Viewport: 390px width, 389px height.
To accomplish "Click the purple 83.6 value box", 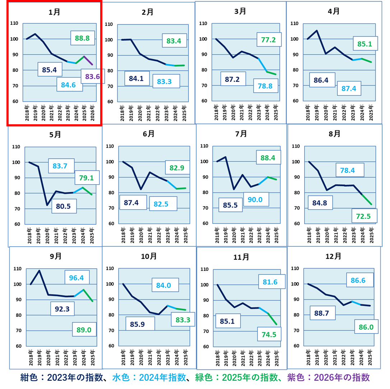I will (x=93, y=76).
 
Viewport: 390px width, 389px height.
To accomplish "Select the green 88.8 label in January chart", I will (x=82, y=38).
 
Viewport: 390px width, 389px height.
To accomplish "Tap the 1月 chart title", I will (x=55, y=11).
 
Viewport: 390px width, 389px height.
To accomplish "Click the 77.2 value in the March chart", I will (x=269, y=39).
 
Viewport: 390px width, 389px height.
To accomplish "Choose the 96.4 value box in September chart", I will (x=77, y=278).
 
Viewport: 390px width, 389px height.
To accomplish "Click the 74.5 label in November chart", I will (x=269, y=334).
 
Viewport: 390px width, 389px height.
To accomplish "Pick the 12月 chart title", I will (x=333, y=256).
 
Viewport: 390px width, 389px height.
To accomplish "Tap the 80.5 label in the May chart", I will (x=64, y=206).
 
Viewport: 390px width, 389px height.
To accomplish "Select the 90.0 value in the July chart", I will (x=256, y=199).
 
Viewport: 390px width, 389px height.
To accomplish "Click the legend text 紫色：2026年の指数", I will (x=328, y=378).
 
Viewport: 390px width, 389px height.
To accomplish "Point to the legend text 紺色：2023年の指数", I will (x=61, y=378).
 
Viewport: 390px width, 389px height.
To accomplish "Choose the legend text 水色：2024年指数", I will (x=149, y=378).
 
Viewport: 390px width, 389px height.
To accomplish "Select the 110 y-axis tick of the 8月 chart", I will (x=296, y=147).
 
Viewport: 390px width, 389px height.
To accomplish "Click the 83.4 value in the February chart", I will (x=174, y=41).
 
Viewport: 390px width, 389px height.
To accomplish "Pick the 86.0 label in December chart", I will (x=366, y=327).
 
